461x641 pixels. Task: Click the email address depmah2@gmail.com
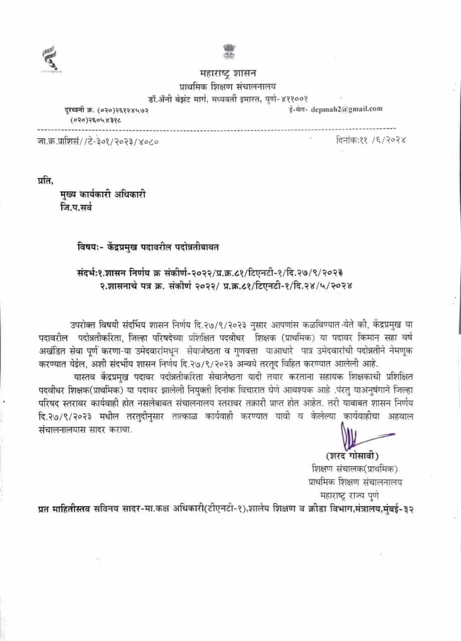[346, 108]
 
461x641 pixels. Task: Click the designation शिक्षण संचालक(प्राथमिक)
[354, 469]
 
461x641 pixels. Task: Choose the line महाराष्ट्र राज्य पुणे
[350, 495]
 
